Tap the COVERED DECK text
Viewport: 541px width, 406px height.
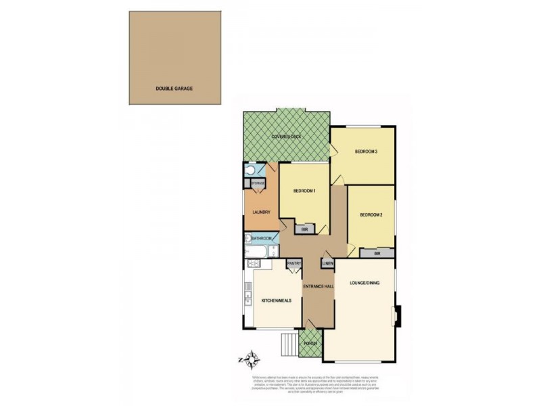click(286, 137)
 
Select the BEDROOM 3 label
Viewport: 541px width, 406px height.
click(365, 152)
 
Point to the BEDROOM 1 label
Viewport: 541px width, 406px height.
click(304, 191)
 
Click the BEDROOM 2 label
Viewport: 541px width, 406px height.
click(371, 215)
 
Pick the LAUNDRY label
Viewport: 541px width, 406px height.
click(261, 212)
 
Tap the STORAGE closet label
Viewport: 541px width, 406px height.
click(258, 183)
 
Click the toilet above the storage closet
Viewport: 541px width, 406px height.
click(250, 170)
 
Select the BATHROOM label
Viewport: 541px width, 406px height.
click(262, 238)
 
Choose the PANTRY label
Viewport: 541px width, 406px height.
click(293, 263)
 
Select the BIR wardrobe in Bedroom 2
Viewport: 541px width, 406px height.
click(377, 253)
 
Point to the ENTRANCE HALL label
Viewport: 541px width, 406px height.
click(319, 286)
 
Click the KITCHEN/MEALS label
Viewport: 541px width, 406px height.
click(277, 300)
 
